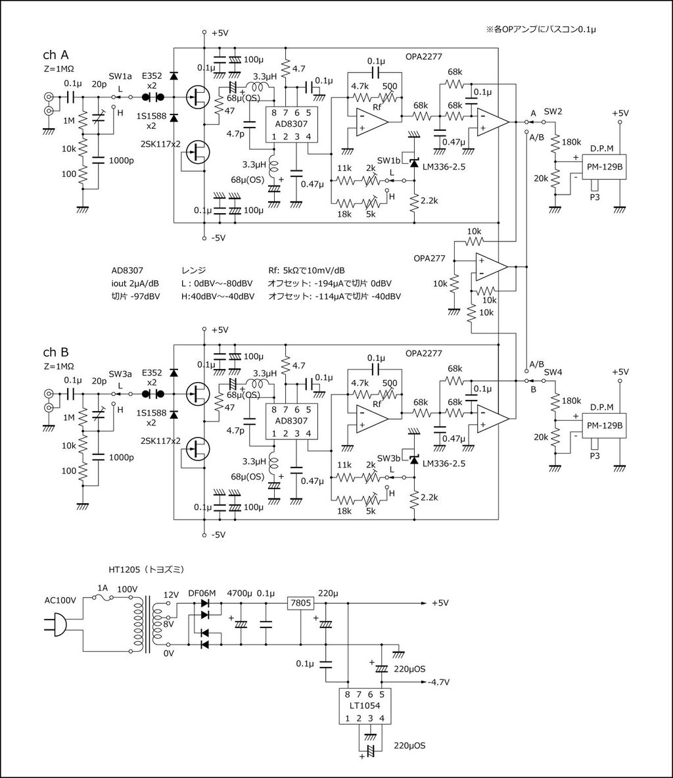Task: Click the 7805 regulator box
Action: pos(299,602)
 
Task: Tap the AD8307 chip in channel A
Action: pos(290,124)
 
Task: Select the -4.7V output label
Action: pos(438,682)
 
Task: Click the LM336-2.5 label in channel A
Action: pos(445,167)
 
